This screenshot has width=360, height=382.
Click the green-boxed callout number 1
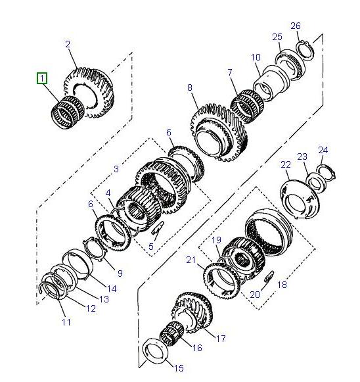click(42, 78)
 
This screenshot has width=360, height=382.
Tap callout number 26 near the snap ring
click(296, 26)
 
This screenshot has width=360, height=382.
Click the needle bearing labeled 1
click(68, 112)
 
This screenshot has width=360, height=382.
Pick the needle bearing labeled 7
click(247, 107)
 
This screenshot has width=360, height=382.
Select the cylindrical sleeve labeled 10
click(271, 82)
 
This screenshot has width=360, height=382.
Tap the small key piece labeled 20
click(269, 277)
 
